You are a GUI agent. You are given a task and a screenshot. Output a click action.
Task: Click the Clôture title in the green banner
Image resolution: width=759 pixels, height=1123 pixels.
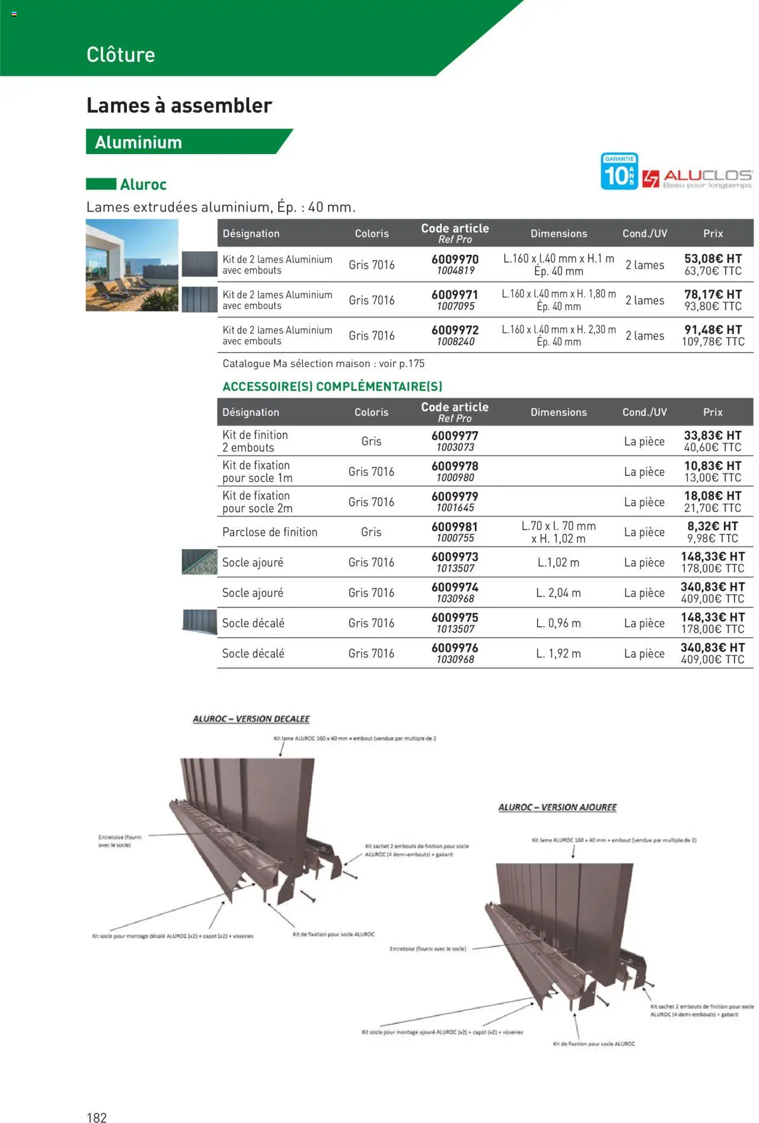click(120, 55)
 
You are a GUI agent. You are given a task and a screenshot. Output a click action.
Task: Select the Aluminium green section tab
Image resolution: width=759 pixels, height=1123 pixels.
click(139, 142)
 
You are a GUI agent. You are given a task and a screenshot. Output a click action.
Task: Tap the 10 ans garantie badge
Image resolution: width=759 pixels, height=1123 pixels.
click(619, 171)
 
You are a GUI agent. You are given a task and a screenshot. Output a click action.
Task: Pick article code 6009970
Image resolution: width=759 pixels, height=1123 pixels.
click(455, 259)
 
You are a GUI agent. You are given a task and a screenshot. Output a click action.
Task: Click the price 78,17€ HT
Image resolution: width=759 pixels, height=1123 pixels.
click(713, 295)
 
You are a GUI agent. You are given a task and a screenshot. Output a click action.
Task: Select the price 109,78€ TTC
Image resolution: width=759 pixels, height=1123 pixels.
click(713, 342)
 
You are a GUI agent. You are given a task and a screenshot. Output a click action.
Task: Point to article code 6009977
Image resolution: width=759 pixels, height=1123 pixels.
click(455, 436)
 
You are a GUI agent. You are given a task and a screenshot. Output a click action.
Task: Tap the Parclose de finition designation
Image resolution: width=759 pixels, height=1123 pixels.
click(270, 532)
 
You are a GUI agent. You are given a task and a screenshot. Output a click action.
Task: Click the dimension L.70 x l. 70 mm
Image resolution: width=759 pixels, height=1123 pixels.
click(559, 526)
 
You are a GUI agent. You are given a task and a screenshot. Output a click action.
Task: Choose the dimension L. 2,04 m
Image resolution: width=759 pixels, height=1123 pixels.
click(559, 593)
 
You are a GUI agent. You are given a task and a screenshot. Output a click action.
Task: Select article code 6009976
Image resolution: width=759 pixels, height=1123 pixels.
click(455, 648)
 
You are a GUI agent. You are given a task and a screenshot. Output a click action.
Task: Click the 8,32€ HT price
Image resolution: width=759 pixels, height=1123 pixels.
click(713, 526)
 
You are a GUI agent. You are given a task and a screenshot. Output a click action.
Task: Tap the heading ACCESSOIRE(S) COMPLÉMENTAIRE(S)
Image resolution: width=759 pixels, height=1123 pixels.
click(332, 386)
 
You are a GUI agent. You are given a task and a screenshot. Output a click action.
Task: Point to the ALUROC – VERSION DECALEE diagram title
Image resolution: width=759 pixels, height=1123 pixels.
click(251, 719)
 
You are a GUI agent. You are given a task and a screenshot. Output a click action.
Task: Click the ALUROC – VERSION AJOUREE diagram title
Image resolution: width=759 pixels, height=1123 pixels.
click(557, 807)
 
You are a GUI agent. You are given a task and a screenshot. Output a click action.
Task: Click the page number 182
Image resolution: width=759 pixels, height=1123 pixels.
click(97, 1117)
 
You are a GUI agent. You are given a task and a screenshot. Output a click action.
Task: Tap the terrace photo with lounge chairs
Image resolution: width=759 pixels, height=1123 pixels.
click(132, 265)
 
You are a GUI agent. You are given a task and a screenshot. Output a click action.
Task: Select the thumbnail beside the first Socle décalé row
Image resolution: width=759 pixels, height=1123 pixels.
click(199, 622)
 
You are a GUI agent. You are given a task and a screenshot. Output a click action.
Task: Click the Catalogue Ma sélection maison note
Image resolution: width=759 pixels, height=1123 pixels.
click(324, 363)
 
